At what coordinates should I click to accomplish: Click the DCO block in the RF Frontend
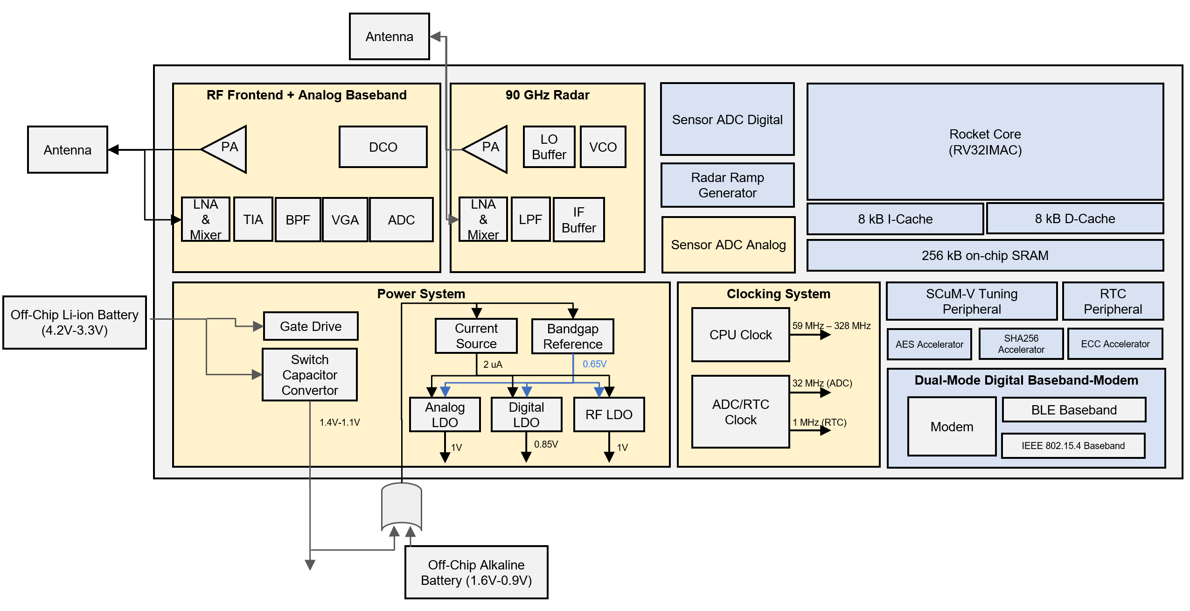(383, 147)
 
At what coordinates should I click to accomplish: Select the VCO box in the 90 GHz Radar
(603, 147)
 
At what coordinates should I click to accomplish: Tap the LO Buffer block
(549, 147)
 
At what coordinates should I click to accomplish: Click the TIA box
(253, 219)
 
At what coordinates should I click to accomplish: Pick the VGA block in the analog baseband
(345, 219)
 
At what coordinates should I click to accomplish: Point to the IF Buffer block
(578, 220)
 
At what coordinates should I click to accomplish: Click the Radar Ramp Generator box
(727, 185)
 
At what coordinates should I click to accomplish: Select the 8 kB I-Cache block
(895, 219)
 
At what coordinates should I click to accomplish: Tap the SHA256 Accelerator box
(1021, 344)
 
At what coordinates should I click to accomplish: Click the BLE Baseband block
(1073, 410)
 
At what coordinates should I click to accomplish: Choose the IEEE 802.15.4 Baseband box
(1073, 446)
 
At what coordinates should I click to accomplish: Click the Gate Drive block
(311, 326)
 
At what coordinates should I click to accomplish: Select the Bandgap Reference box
(572, 337)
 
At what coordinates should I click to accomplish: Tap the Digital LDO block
(526, 414)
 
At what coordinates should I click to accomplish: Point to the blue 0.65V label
(594, 364)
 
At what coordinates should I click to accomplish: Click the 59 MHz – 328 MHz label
(831, 326)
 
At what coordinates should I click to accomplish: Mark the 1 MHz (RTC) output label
(819, 422)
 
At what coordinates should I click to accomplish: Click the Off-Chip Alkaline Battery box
(476, 572)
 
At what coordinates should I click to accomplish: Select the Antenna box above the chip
(389, 36)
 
